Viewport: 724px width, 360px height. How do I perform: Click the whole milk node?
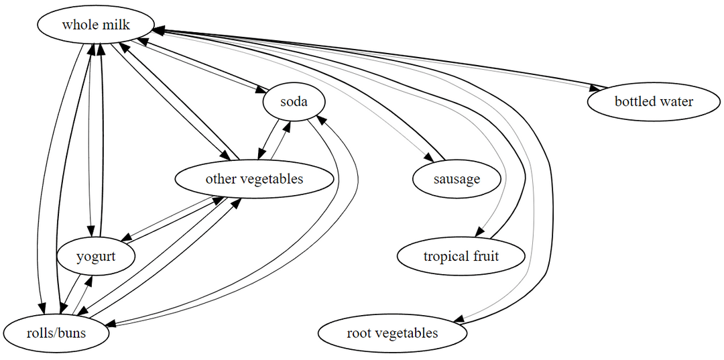pyautogui.click(x=95, y=25)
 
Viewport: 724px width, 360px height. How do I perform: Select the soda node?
pyautogui.click(x=294, y=102)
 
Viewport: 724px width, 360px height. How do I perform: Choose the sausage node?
pyautogui.click(x=457, y=179)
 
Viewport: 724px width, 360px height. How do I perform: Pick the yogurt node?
pyautogui.click(x=96, y=256)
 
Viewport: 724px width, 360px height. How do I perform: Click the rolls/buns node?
pyautogui.click(x=56, y=333)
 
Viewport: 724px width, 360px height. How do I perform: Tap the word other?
pyautogui.click(x=221, y=179)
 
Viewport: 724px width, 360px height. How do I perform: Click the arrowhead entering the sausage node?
pyautogui.click(x=429, y=158)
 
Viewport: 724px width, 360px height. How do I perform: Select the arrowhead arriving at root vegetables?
pyautogui.click(x=459, y=320)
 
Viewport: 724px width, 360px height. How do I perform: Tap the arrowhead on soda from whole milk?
pyautogui.click(x=261, y=91)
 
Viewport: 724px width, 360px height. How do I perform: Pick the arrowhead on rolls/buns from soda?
pyautogui.click(x=109, y=324)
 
